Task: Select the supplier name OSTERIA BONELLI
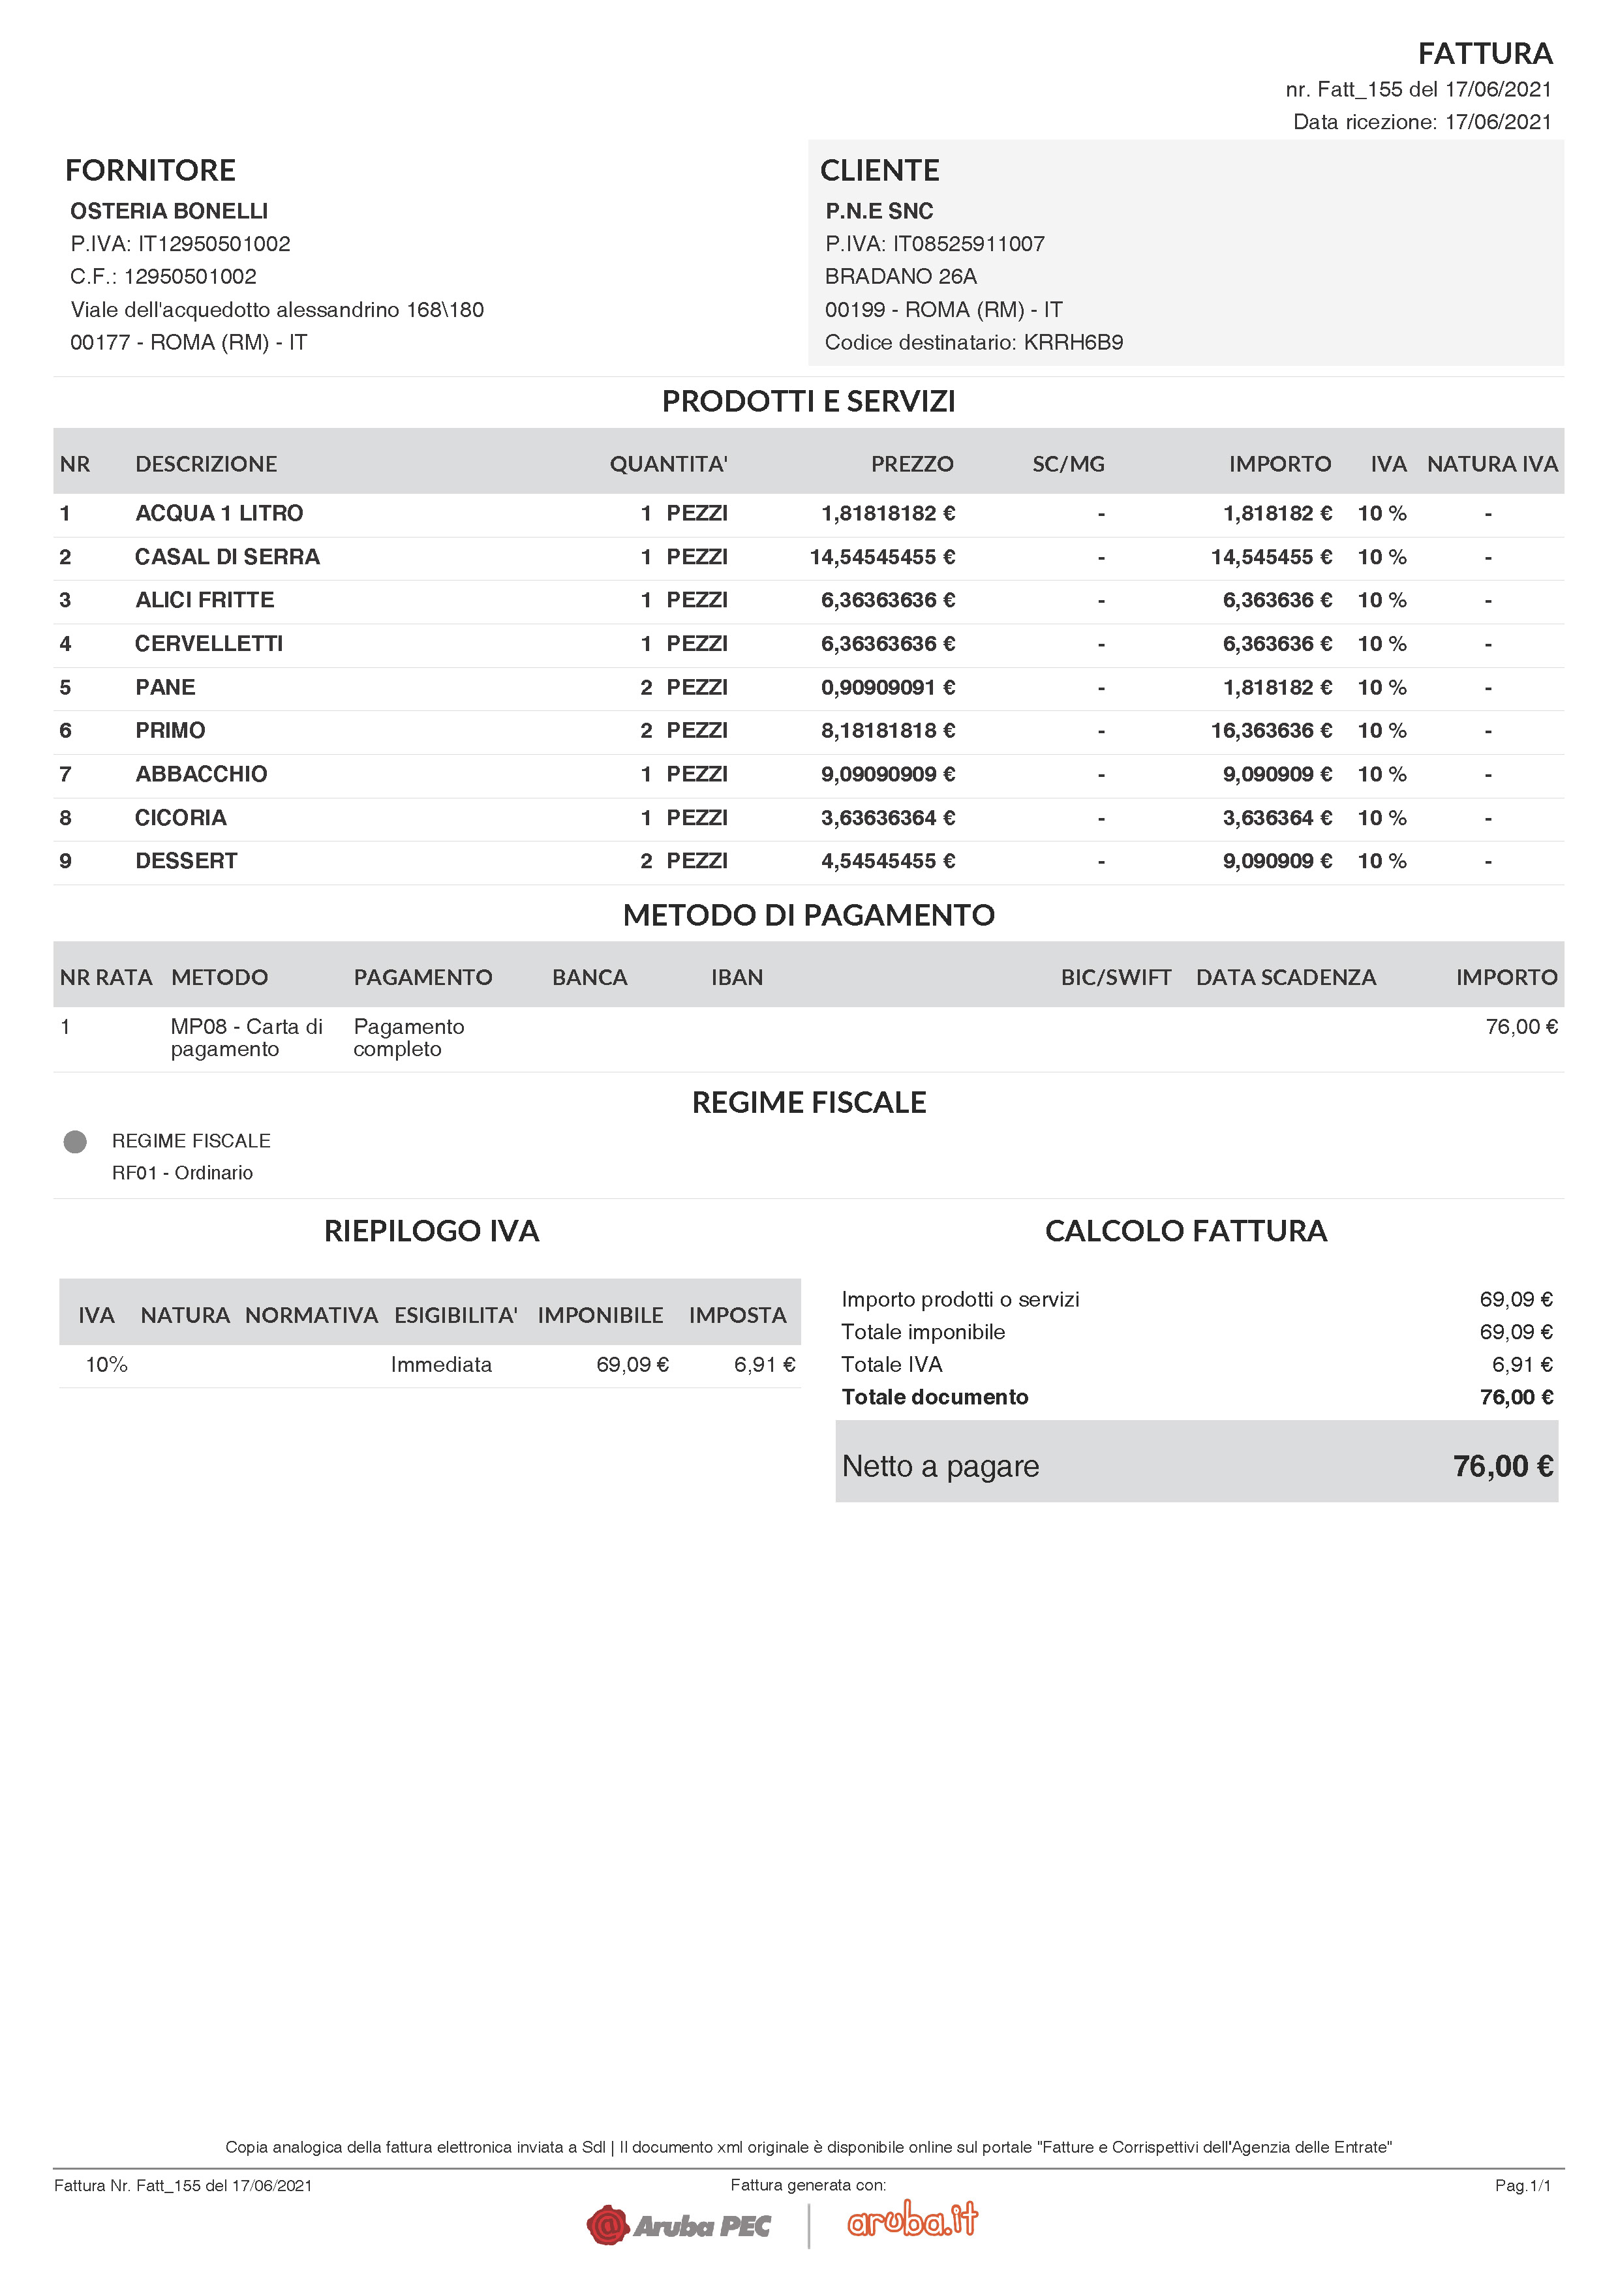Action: pyautogui.click(x=168, y=211)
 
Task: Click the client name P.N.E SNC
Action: pyautogui.click(x=878, y=211)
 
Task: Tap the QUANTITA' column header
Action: pyautogui.click(x=668, y=464)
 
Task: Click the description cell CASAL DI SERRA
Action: pyautogui.click(x=227, y=557)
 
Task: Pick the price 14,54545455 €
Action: pyautogui.click(x=881, y=557)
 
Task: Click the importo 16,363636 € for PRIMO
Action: pyautogui.click(x=1270, y=731)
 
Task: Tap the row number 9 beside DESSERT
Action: pyautogui.click(x=66, y=861)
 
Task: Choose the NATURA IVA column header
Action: pyautogui.click(x=1491, y=464)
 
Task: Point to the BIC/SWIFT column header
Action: pyautogui.click(x=1116, y=977)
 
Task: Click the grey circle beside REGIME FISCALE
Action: pyautogui.click(x=75, y=1142)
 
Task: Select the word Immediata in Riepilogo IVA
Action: pyautogui.click(x=440, y=1365)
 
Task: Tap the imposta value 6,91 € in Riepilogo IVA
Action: pyautogui.click(x=763, y=1365)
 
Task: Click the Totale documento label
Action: pyautogui.click(x=934, y=1397)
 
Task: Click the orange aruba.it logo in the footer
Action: pyautogui.click(x=912, y=2219)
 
